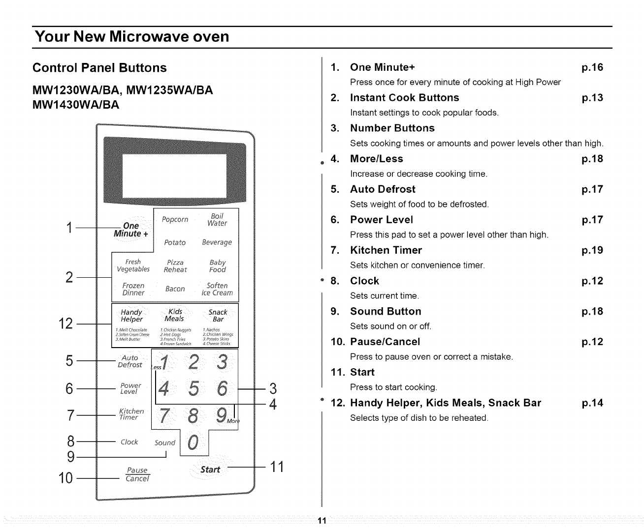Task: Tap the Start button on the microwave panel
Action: coord(210,470)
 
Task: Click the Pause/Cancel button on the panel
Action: coord(137,474)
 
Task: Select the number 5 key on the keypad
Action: coord(193,389)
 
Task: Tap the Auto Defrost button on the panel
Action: coord(130,361)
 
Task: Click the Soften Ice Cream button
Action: coord(217,289)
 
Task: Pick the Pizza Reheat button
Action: coord(175,266)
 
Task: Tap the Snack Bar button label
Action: coord(218,316)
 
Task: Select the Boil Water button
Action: coord(217,220)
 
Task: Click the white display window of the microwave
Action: coord(174,174)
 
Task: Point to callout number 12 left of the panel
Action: coord(66,324)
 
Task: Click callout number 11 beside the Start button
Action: coord(277,467)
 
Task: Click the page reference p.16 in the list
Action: coord(592,67)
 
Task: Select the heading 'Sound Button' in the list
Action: coord(386,311)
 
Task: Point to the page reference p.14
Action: coord(592,403)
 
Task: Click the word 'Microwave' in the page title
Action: coord(153,37)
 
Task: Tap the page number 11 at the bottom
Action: coord(322,521)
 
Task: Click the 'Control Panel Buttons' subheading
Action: coord(99,68)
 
